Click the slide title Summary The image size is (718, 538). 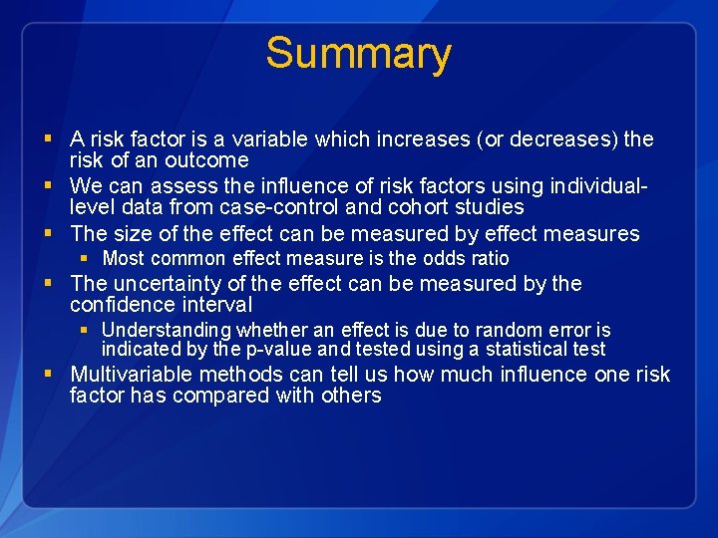pyautogui.click(x=358, y=53)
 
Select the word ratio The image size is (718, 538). pyautogui.click(x=490, y=259)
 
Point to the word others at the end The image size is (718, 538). pyautogui.click(x=351, y=396)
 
